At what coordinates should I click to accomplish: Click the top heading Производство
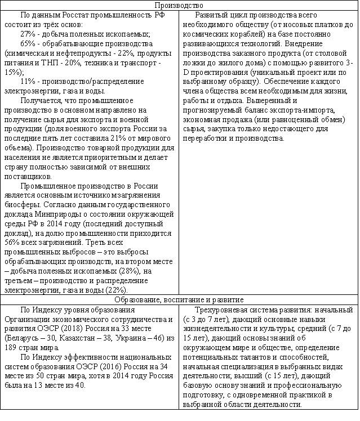[x=180, y=5]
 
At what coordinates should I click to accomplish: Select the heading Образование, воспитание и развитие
[x=180, y=299]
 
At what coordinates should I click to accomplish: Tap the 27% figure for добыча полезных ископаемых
[x=28, y=34]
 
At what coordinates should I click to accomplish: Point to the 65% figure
[x=28, y=44]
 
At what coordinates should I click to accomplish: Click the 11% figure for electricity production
[x=28, y=82]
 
